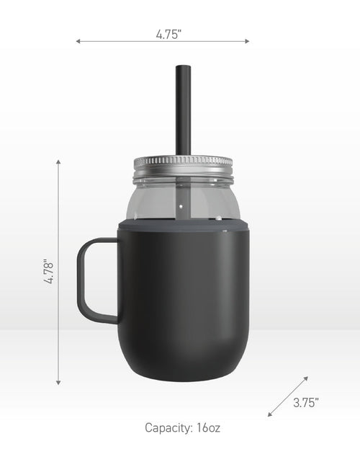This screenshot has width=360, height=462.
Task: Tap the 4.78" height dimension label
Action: point(48,272)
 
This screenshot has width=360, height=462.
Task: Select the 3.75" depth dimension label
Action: point(306,402)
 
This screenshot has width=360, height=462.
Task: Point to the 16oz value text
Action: point(208,427)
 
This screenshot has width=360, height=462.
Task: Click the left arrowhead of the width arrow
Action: point(78,41)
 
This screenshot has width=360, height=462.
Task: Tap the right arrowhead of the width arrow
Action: point(247,41)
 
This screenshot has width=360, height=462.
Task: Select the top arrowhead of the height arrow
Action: point(58,161)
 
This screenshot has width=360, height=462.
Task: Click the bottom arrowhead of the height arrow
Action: point(58,383)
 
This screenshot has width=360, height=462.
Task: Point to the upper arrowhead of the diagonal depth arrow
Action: point(306,378)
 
